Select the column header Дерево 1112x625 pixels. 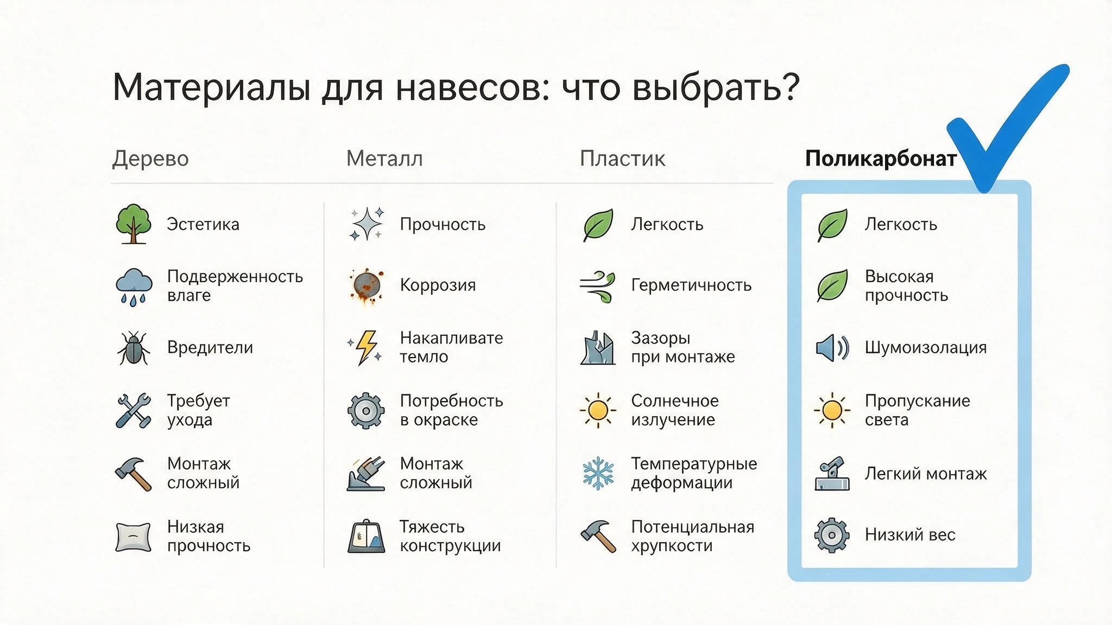150,158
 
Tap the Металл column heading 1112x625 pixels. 384,158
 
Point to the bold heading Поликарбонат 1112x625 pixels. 881,158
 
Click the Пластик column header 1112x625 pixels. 622,158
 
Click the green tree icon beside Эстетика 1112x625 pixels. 133,224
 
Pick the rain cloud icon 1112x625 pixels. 134,286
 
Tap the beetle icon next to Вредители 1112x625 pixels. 133,348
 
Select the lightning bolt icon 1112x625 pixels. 366,347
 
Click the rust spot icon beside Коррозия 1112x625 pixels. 366,285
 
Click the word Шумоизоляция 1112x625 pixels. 925,348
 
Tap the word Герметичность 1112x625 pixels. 691,285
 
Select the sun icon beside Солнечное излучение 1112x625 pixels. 598,410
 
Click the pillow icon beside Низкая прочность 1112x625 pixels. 133,537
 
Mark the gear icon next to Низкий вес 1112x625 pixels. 831,535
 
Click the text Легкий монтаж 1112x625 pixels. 925,474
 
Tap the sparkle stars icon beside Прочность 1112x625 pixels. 367,224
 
